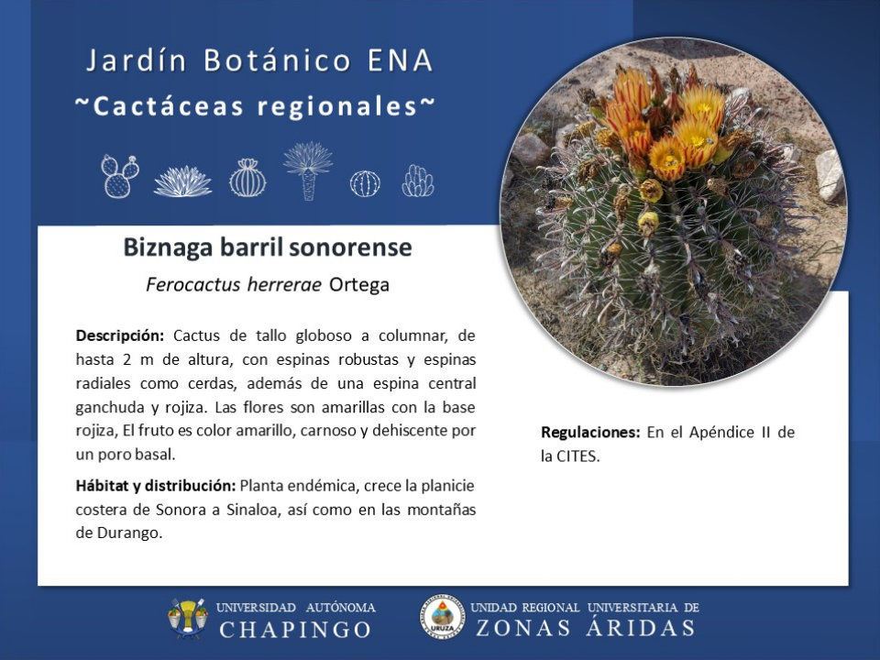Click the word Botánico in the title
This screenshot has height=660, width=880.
(277, 60)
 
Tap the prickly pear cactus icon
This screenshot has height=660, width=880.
(119, 176)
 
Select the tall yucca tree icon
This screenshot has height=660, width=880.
(308, 170)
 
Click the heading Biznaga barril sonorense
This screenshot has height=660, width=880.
(268, 247)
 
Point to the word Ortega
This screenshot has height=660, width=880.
(359, 284)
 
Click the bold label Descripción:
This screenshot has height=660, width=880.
(120, 336)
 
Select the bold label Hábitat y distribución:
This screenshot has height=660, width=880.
(156, 486)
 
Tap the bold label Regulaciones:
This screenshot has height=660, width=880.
(590, 432)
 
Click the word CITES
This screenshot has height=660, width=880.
(578, 456)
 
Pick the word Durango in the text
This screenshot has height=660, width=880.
(129, 533)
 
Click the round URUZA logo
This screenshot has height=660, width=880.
(442, 617)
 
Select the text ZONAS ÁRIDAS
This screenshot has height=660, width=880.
(586, 628)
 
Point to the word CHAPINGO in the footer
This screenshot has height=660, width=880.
(296, 630)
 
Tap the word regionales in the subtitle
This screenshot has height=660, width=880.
(337, 106)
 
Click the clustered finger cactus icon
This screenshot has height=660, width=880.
(418, 181)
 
